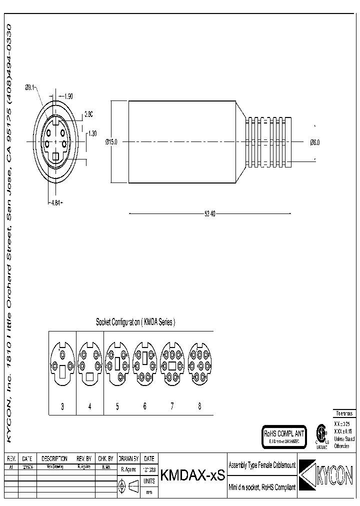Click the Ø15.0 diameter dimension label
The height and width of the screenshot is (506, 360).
111,142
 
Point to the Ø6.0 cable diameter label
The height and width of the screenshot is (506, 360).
314,142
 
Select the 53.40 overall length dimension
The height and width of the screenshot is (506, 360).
209,214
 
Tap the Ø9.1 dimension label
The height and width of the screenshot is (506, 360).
30,87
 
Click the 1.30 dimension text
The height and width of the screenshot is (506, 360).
92,133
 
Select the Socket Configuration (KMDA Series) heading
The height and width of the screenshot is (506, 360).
135,322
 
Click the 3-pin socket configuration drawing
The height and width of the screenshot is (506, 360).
62,362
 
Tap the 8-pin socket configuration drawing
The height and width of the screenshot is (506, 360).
199,362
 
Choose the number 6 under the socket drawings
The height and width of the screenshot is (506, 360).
144,406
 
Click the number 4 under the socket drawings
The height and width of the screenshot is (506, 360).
89,406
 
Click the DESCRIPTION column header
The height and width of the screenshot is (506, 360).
54,458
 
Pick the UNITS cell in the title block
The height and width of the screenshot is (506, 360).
149,481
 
